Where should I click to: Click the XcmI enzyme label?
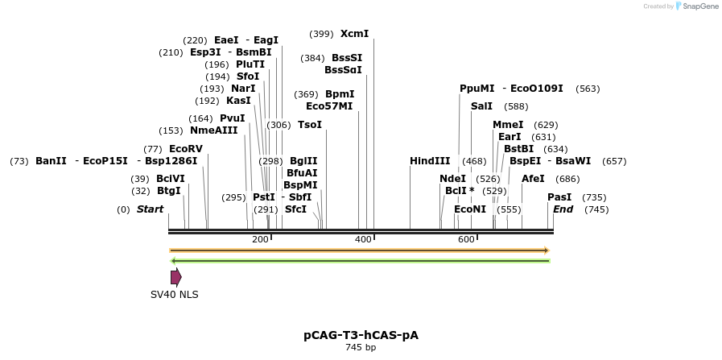(354, 34)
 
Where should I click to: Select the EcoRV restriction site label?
(186, 149)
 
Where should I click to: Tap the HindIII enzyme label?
(430, 161)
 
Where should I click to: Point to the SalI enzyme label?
(481, 106)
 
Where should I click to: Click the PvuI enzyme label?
(232, 118)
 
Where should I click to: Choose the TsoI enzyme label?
(310, 125)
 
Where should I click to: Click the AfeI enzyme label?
(533, 179)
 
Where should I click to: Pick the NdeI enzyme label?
(452, 179)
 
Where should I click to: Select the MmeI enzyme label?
(508, 125)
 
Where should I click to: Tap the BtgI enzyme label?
(169, 191)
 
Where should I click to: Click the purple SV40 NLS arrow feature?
(175, 277)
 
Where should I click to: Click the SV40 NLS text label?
(175, 295)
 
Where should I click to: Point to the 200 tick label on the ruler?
(260, 240)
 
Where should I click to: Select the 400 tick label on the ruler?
(363, 240)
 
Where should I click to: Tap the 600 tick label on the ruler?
(466, 240)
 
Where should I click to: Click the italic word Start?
(150, 209)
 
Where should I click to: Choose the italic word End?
(563, 209)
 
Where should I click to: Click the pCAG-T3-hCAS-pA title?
(361, 335)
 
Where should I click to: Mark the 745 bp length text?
(361, 348)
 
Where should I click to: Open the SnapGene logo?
(697, 6)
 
